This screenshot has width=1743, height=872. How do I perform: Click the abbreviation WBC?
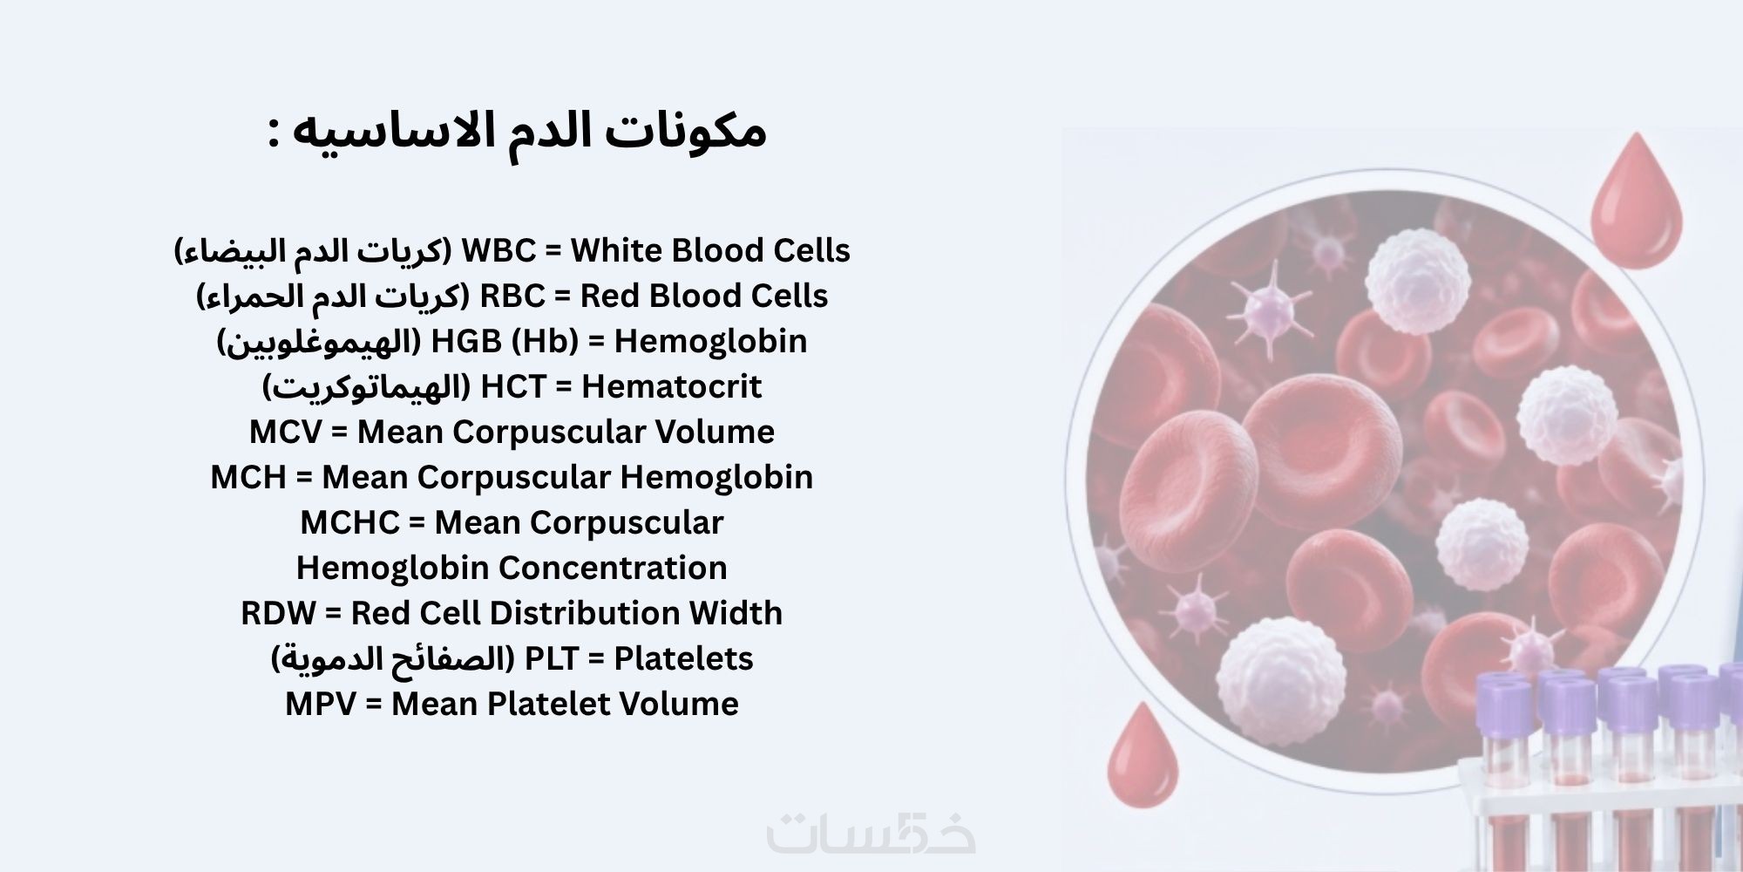(x=498, y=251)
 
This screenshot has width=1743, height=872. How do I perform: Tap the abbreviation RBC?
(x=512, y=296)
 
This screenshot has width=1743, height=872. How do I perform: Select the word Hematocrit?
(x=672, y=386)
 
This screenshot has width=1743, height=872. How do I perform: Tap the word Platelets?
(x=684, y=659)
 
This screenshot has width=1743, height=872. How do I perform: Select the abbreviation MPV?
(x=322, y=705)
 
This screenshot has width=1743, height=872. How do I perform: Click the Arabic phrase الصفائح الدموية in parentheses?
(x=394, y=659)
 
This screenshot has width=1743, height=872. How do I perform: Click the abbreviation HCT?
(x=513, y=387)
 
